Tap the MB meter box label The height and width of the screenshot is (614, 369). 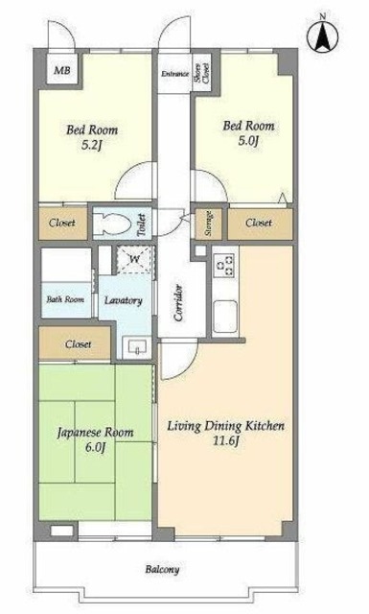click(62, 70)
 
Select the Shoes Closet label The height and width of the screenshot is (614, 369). click(202, 73)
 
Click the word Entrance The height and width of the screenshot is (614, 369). click(174, 74)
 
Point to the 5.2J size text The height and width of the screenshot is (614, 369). click(92, 146)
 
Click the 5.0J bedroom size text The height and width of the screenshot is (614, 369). click(249, 141)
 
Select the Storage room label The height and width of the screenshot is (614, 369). click(209, 224)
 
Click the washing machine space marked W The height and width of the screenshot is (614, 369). click(134, 259)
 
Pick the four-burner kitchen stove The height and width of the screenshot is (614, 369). click(225, 265)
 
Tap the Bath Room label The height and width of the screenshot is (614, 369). click(65, 300)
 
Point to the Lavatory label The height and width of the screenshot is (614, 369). click(124, 300)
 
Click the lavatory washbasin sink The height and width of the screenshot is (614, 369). click(136, 346)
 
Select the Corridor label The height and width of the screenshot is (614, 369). click(179, 303)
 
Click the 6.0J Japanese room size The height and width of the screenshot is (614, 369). click(96, 447)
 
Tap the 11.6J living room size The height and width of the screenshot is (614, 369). click(225, 441)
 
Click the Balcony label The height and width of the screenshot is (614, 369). click(162, 569)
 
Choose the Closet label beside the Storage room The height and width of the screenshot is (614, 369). click(259, 223)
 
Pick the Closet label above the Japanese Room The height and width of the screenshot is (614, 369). click(79, 344)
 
